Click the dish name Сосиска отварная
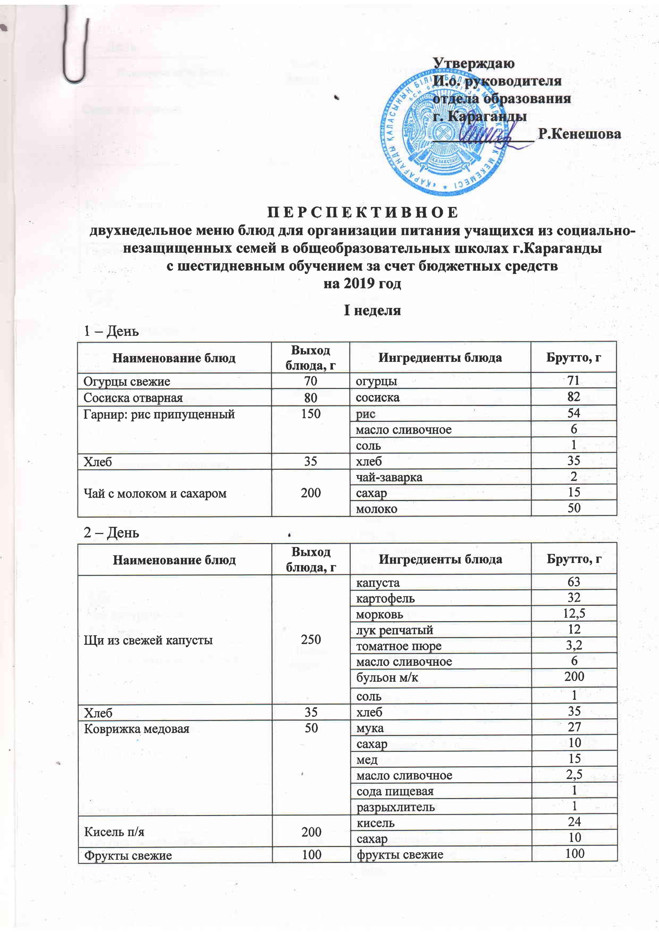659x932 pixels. point(133,398)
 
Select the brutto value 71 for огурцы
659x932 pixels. point(573,380)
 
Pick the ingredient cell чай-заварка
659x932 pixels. point(389,477)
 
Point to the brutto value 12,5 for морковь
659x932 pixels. point(573,613)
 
